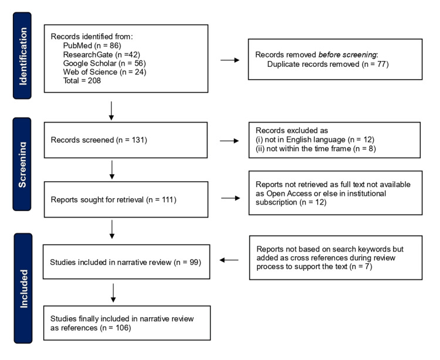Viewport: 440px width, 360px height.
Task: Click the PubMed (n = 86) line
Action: pos(90,44)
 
